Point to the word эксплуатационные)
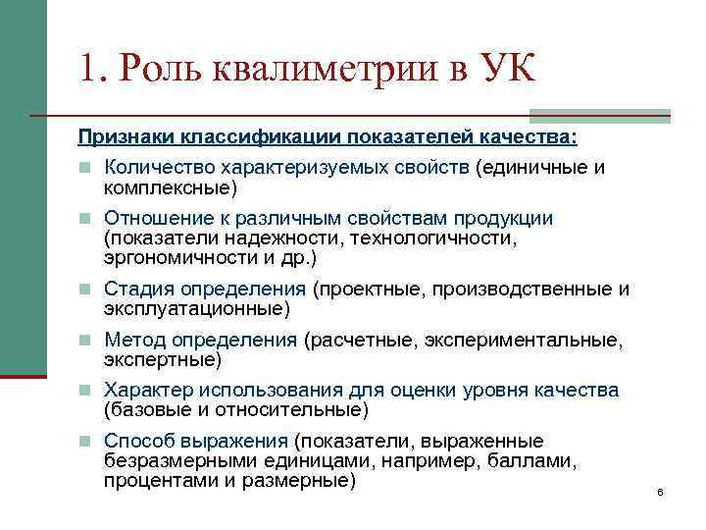[x=197, y=308]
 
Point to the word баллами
[x=530, y=460]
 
